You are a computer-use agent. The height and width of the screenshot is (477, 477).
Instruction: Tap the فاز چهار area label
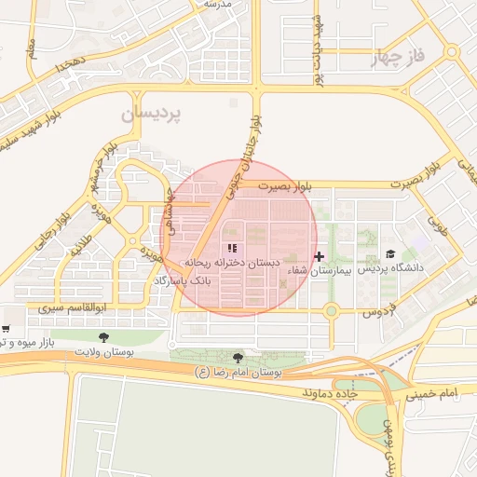coord(402,58)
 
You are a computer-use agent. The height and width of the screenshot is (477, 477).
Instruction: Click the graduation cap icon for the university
coord(390,254)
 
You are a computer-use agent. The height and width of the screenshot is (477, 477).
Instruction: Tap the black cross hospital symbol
coord(320,255)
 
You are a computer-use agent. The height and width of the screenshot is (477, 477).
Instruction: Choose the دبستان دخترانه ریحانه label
coord(233,264)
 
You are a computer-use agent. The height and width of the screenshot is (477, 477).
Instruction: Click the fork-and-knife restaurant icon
coord(232,249)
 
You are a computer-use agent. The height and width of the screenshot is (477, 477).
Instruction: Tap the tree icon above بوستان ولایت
coord(102,336)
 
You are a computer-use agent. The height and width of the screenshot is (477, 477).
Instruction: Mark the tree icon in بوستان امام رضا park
coord(238,358)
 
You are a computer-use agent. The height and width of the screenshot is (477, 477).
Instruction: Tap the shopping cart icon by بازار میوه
coord(6,329)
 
